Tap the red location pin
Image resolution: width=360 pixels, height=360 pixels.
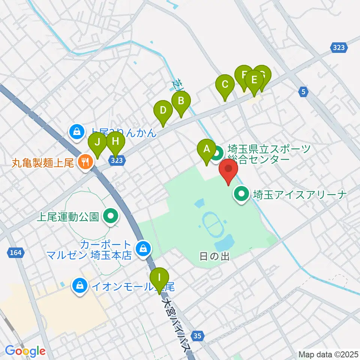229,169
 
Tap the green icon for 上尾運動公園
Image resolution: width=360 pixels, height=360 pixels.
110,217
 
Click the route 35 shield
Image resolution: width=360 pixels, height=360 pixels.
198,335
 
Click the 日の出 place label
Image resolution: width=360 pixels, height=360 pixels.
214,256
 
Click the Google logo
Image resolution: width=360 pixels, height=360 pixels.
25,351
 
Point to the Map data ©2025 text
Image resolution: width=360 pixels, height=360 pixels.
328,354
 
